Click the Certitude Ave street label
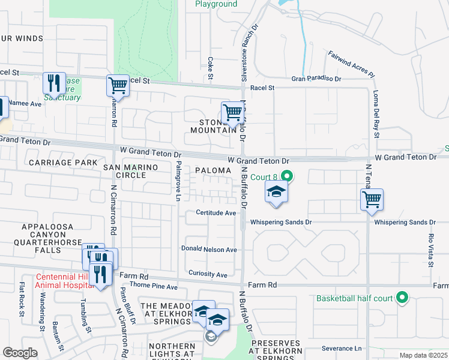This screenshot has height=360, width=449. pyautogui.click(x=215, y=213)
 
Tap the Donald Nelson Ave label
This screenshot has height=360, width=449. pyautogui.click(x=209, y=249)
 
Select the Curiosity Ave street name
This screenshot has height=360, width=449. pyautogui.click(x=208, y=275)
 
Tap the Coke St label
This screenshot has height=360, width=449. pyautogui.click(x=211, y=68)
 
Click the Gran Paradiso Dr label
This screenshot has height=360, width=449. pyautogui.click(x=316, y=79)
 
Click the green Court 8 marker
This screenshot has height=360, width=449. pyautogui.click(x=287, y=176)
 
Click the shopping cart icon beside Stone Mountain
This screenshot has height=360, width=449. pyautogui.click(x=232, y=112)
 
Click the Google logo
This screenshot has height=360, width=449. pyautogui.click(x=20, y=353)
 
